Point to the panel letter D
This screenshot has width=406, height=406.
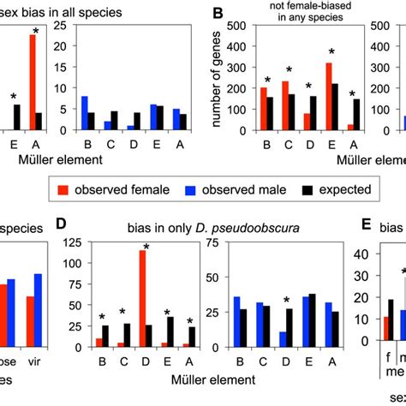62,226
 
